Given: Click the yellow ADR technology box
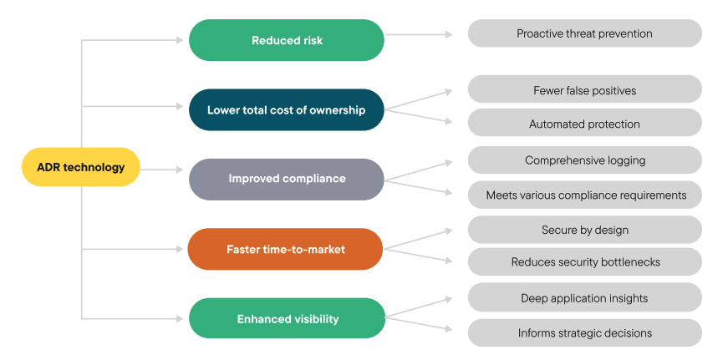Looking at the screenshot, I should click(81, 167).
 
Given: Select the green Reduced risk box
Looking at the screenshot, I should click(287, 40).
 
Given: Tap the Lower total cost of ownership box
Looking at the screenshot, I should click(287, 110).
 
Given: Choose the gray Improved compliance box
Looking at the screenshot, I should click(287, 179).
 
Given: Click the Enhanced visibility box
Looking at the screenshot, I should click(287, 319).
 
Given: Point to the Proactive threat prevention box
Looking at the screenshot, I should click(584, 33).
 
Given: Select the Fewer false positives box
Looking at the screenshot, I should click(584, 90).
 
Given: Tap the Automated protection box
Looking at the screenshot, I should click(584, 124).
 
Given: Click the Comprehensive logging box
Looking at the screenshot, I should click(584, 160).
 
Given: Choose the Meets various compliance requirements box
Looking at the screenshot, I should click(584, 195).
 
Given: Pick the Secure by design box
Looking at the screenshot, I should click(584, 230).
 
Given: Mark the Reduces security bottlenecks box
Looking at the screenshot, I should click(584, 262).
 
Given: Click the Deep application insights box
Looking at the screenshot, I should click(584, 298).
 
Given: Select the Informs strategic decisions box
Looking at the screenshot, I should click(584, 332).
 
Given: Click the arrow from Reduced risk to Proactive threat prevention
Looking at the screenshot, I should click(418, 34).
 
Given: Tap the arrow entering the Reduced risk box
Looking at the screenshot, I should click(134, 39).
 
